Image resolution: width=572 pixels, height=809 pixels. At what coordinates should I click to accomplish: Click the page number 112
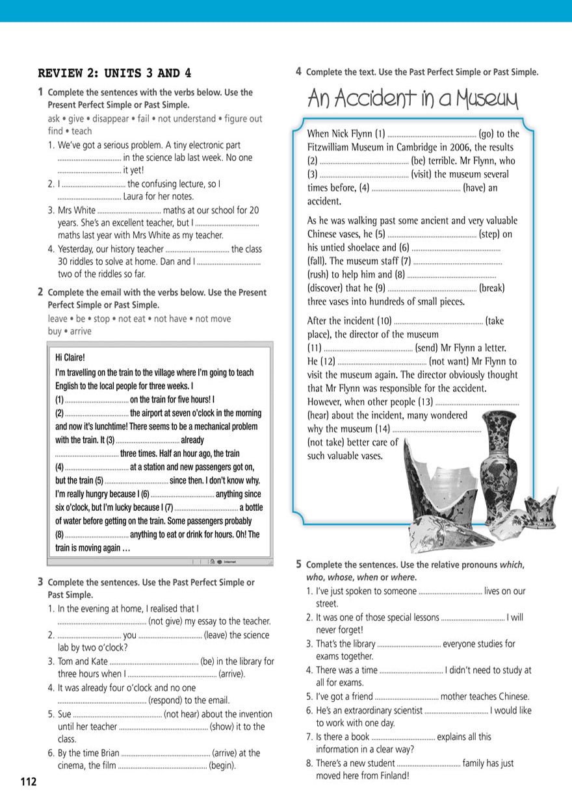click(x=28, y=782)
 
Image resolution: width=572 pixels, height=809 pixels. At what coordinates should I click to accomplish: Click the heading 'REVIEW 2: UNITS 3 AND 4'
click(x=115, y=73)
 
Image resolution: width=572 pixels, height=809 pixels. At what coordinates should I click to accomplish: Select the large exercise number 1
click(x=41, y=92)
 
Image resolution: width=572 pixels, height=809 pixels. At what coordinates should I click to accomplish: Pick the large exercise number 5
click(x=298, y=564)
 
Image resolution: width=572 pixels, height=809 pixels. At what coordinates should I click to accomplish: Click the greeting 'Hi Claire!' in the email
click(x=70, y=357)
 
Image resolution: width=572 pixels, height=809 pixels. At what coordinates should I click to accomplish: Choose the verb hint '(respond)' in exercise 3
click(x=168, y=700)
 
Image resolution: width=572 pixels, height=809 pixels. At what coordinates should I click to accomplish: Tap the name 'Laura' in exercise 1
click(x=136, y=196)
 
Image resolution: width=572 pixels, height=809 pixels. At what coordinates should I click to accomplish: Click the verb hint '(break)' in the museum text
click(x=492, y=288)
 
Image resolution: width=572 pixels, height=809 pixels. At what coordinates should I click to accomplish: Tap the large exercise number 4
click(x=298, y=71)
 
